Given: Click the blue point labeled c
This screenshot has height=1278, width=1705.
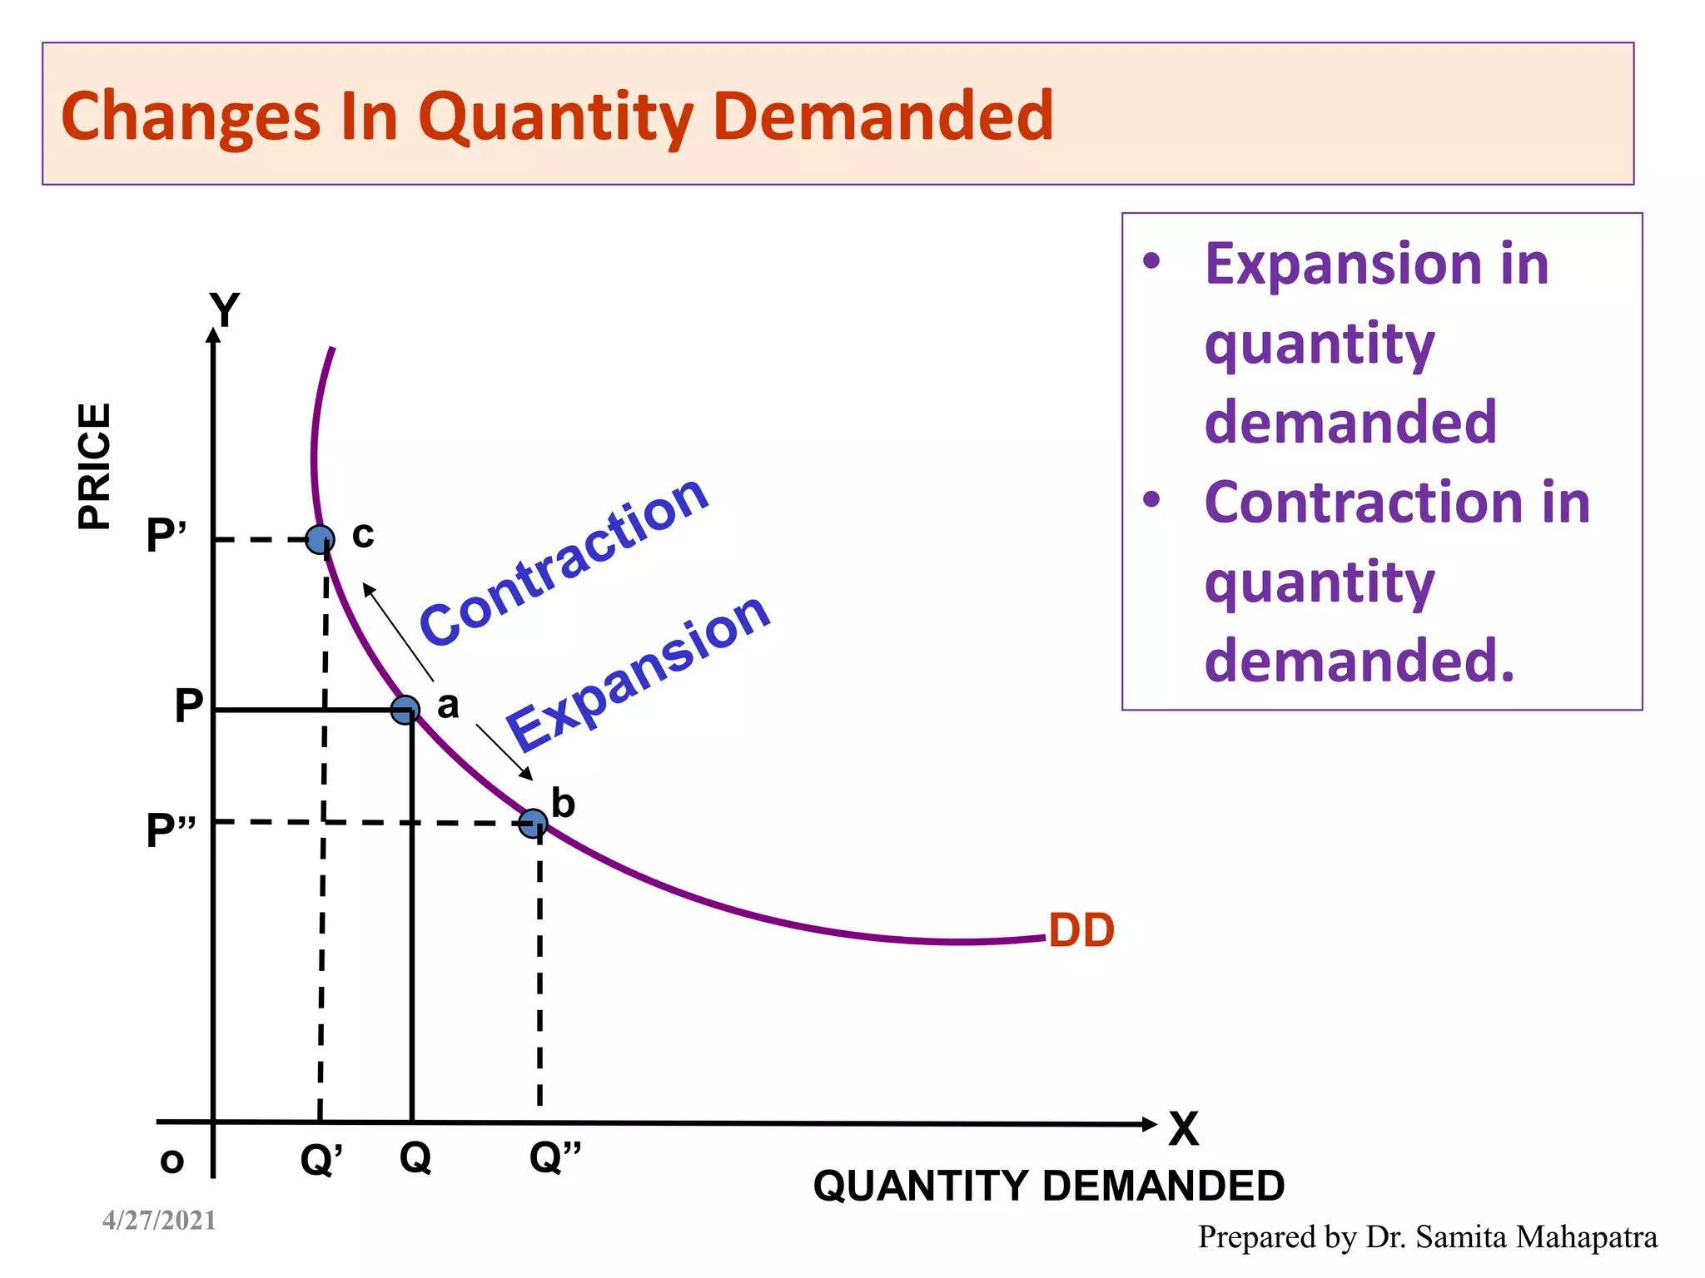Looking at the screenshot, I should tap(321, 540).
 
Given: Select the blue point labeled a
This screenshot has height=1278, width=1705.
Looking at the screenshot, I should tap(405, 710).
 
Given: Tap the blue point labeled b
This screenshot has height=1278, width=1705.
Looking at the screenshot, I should tap(533, 824).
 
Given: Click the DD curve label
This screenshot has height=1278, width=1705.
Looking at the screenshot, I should tap(1081, 930).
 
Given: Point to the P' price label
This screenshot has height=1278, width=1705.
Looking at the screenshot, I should tap(167, 535).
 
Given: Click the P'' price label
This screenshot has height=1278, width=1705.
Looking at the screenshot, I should tap(171, 830).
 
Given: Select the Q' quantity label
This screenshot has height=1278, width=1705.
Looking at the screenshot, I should tap(321, 1159).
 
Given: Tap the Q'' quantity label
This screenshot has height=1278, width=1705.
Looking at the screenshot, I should tap(555, 1157).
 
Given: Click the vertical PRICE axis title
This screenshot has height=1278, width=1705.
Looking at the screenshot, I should tap(95, 466).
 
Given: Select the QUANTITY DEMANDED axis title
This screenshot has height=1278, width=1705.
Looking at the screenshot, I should tap(1049, 1186).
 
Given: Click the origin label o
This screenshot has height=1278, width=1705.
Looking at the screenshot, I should tap(171, 1161).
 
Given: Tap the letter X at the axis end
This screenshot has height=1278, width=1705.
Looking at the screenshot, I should tap(1183, 1130).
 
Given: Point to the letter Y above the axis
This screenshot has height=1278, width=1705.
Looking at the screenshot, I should tap(225, 310).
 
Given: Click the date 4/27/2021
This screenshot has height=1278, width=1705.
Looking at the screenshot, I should tap(159, 1221).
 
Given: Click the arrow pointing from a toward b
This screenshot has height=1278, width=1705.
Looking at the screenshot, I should tap(505, 752).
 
